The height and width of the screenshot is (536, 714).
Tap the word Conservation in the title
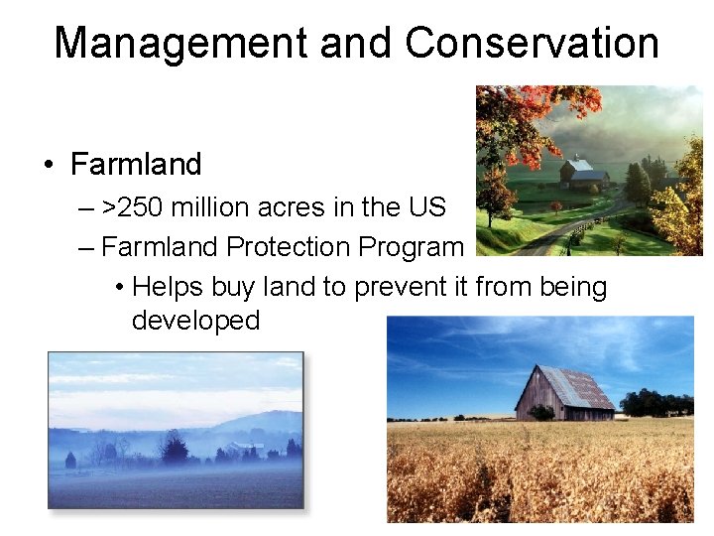click(x=532, y=44)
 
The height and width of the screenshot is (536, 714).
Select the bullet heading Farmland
click(x=136, y=164)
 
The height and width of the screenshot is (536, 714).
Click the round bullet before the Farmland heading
click(x=49, y=165)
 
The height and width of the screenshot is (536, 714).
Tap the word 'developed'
click(x=195, y=320)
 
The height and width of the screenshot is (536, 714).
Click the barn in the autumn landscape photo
click(x=583, y=173)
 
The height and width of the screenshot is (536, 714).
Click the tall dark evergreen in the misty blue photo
click(x=176, y=449)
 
